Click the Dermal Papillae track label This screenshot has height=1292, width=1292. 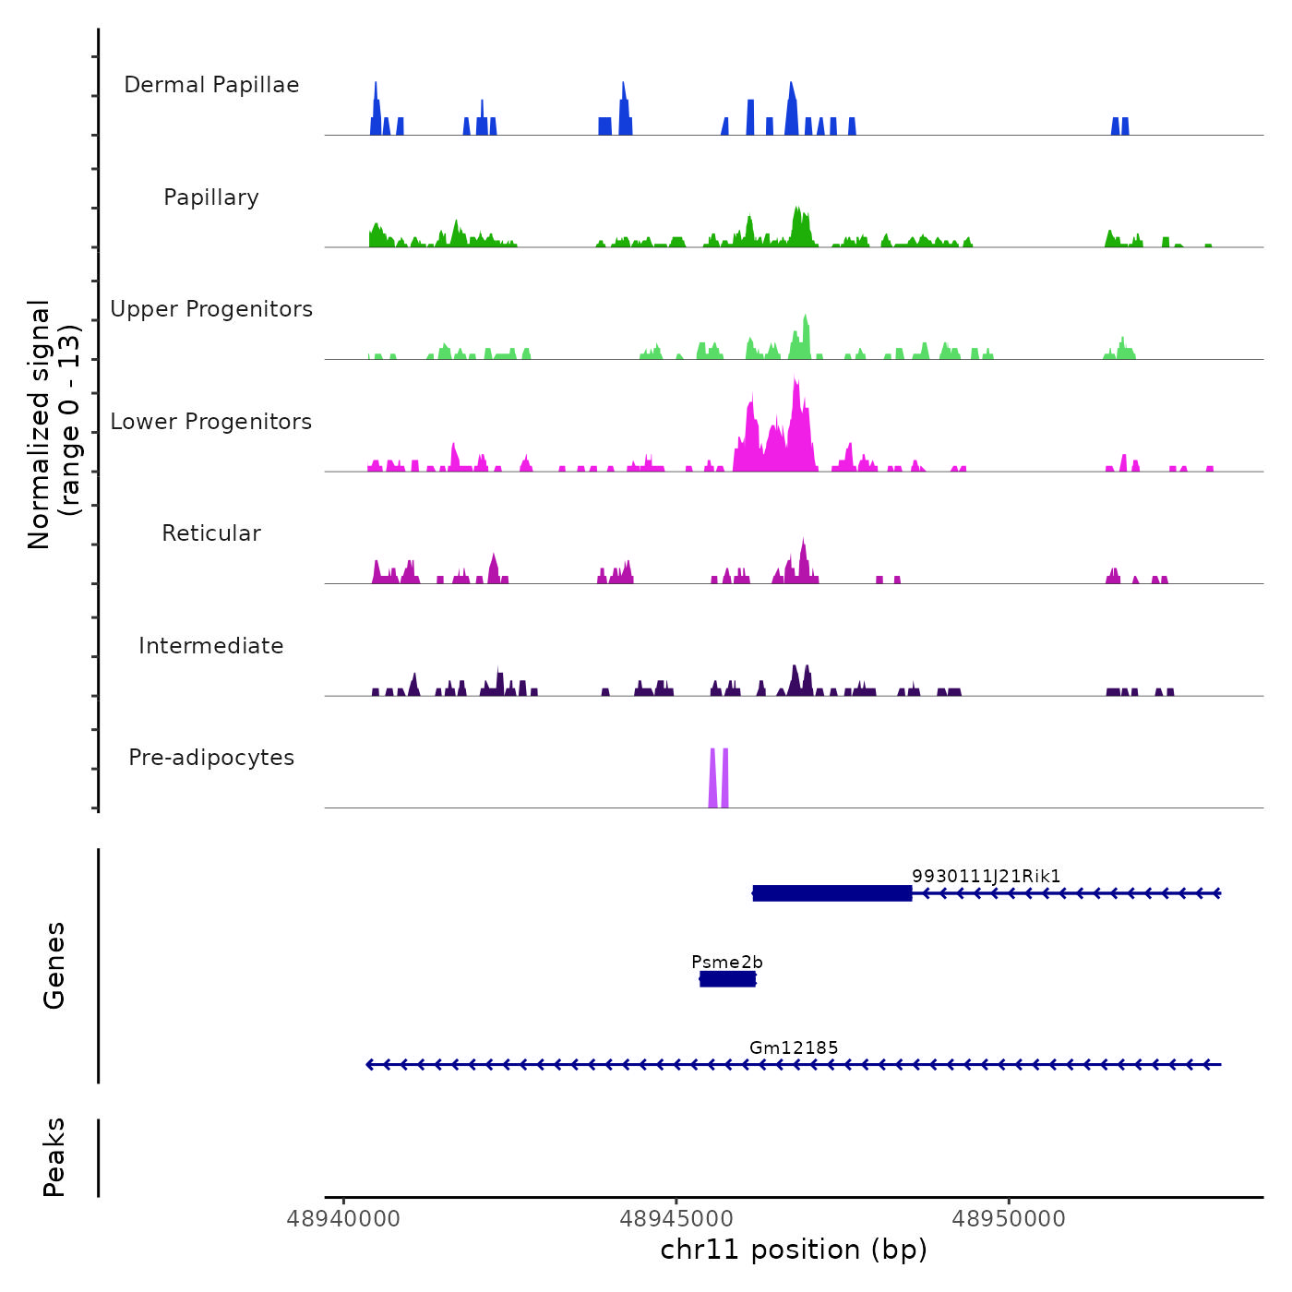pos(211,85)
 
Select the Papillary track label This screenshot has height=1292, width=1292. pos(211,197)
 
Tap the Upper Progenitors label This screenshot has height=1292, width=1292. pos(211,309)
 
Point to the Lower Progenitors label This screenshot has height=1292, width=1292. pos(211,422)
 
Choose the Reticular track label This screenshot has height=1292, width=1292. pos(211,533)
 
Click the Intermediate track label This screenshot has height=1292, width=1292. pos(211,646)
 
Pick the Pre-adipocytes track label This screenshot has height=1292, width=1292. pos(211,758)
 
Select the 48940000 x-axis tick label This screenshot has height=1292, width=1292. pos(343,1219)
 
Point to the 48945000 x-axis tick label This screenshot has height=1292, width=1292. pos(676,1219)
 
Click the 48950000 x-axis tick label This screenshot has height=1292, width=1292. pos(1009,1219)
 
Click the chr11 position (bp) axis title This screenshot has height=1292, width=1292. pos(794,1250)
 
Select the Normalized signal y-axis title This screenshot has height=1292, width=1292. pos(54,425)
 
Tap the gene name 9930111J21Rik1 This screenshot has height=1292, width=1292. pos(986,877)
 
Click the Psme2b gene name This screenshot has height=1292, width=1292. pos(727,963)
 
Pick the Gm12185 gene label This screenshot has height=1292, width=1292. pos(794,1047)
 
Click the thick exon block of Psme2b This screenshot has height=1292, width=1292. pos(727,979)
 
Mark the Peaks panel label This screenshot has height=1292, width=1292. pos(54,1157)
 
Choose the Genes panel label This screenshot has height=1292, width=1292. pos(54,965)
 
